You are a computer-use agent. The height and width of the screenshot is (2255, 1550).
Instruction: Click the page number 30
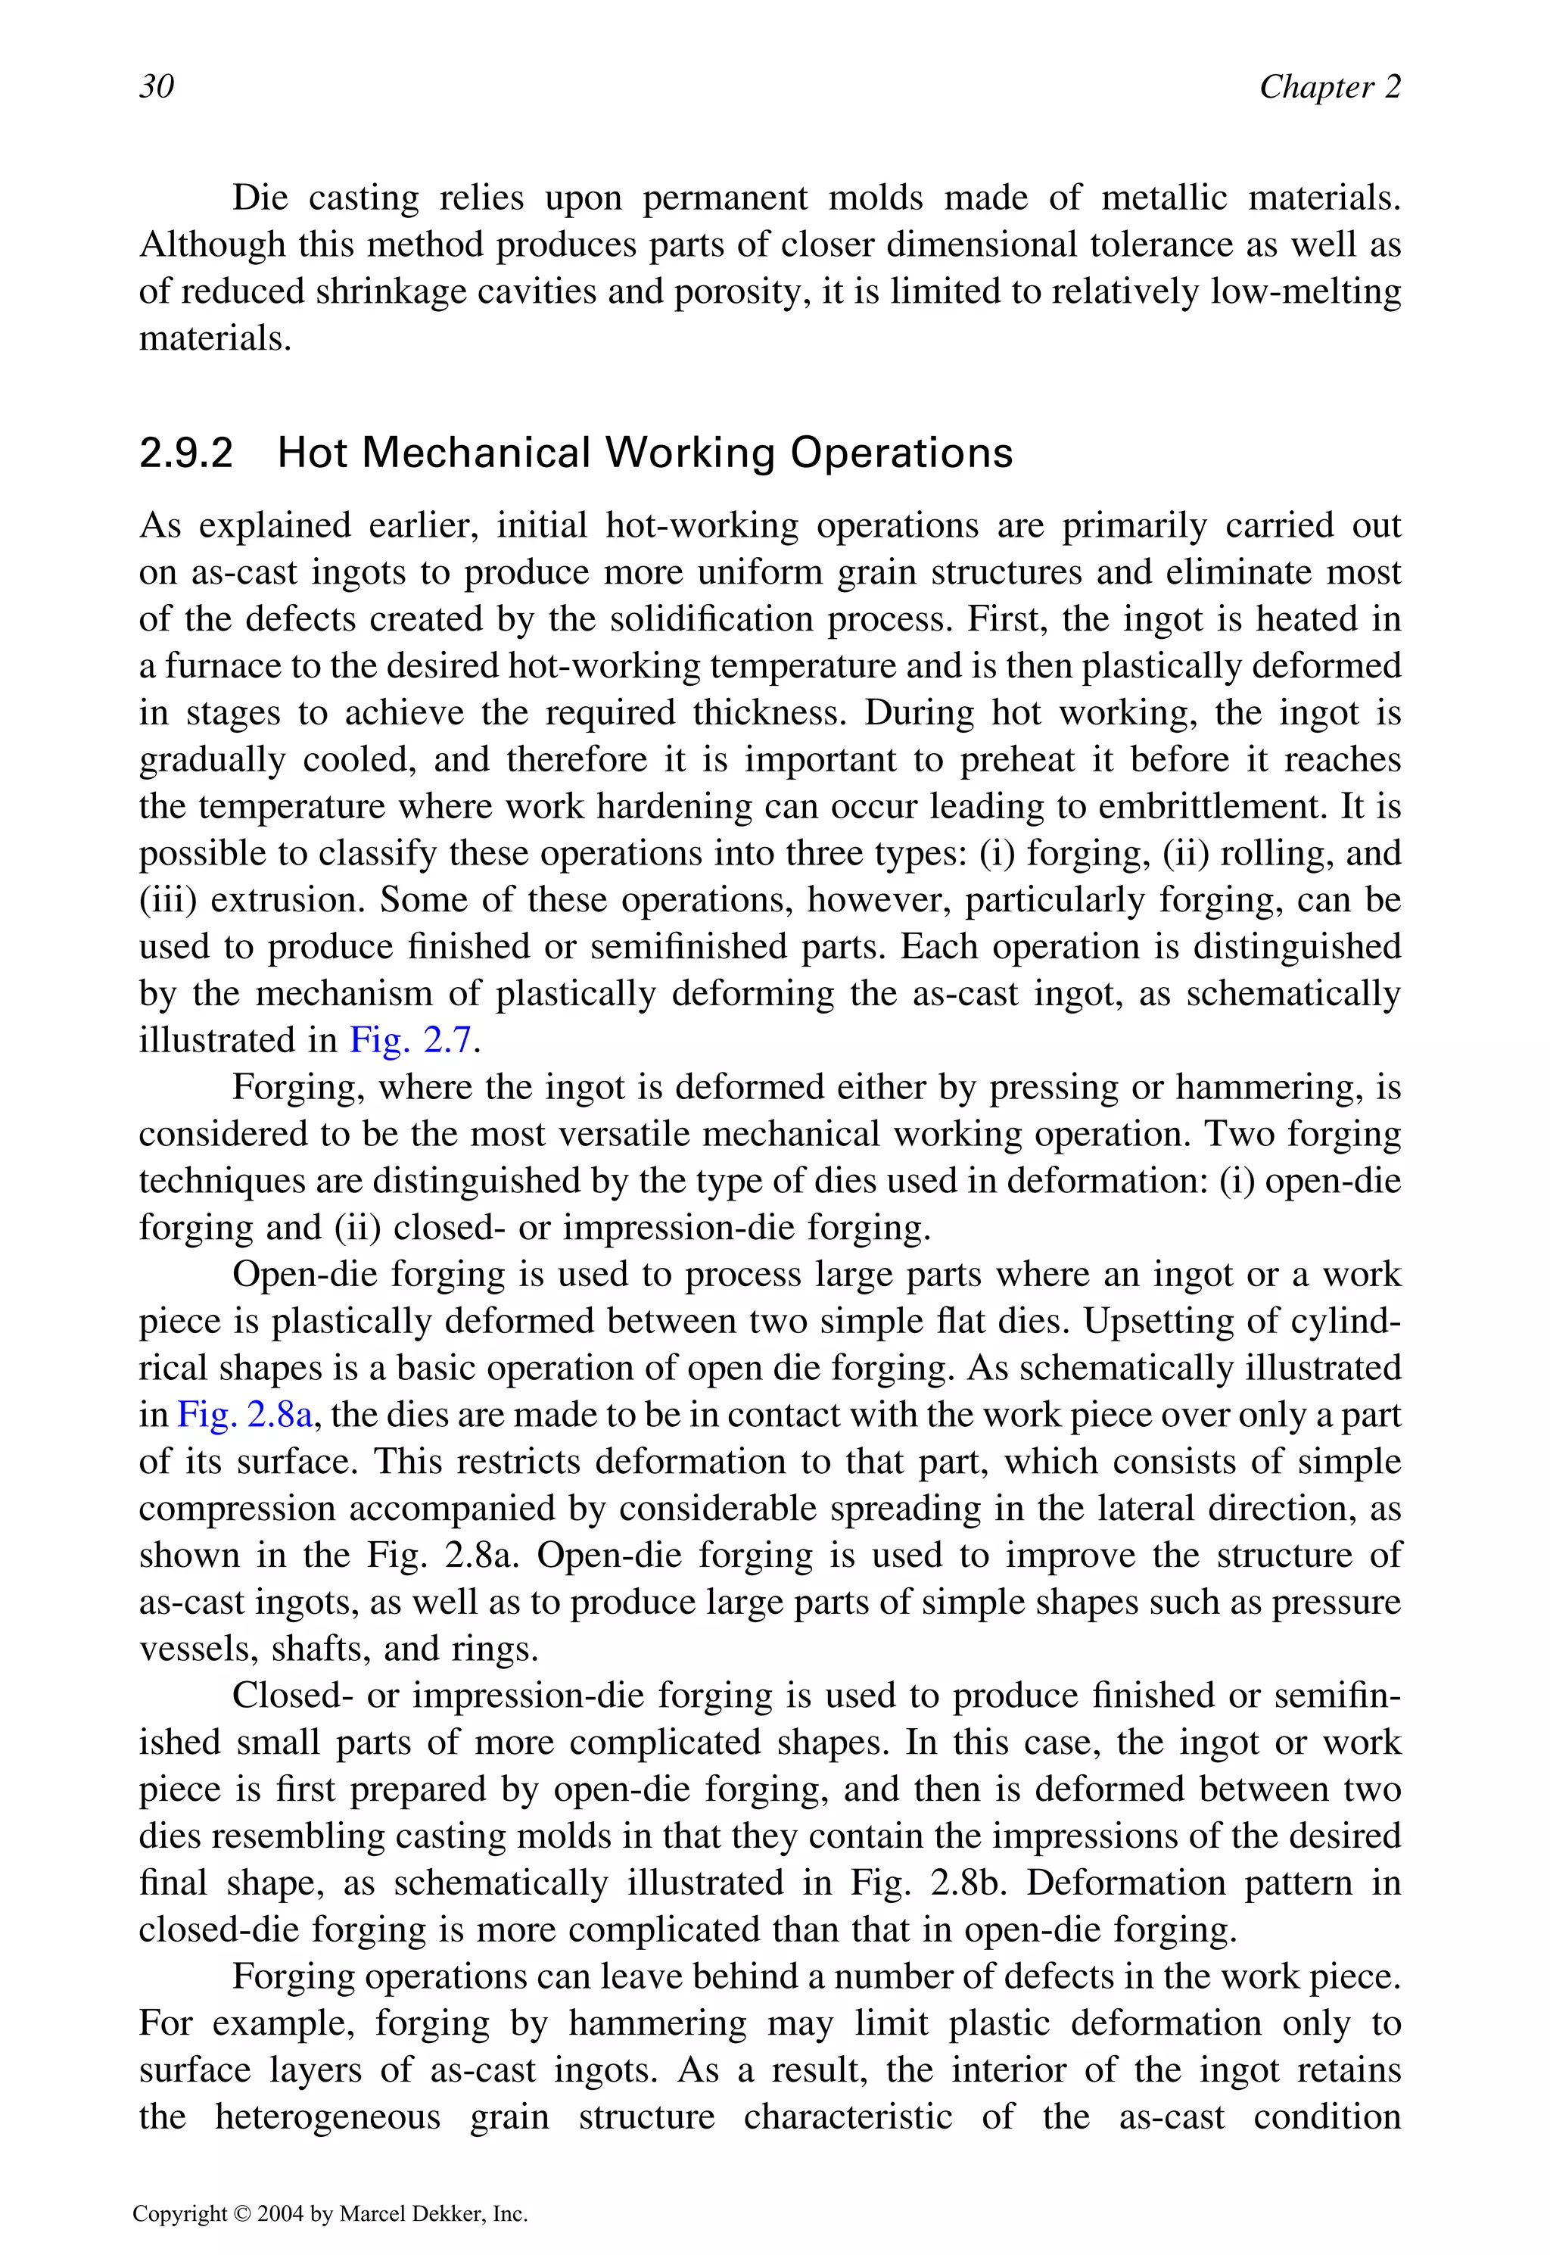point(157,86)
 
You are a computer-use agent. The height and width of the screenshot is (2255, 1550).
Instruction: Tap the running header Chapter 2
point(1330,86)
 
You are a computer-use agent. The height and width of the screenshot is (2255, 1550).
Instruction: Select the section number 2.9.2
point(186,453)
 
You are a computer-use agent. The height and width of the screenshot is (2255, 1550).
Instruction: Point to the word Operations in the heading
point(901,453)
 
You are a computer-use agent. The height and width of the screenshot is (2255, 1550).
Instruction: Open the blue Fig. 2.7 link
point(411,1040)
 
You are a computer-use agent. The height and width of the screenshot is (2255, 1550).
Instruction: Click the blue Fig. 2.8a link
point(244,1414)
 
